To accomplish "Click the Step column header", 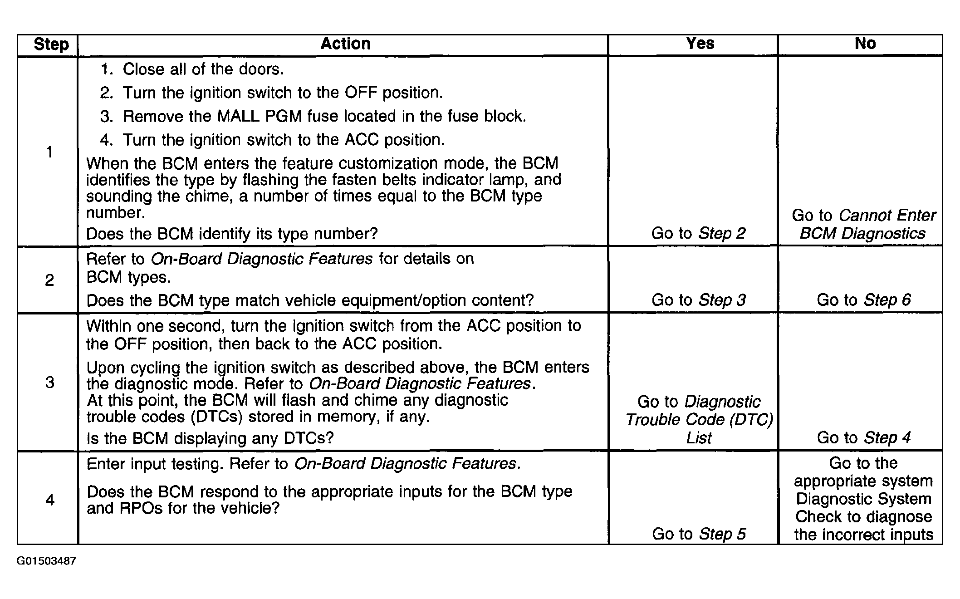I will [x=51, y=44].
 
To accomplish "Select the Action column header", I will [x=345, y=44].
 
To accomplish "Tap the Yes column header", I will [x=700, y=43].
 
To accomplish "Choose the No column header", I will [x=865, y=43].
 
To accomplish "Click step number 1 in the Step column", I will [x=49, y=152].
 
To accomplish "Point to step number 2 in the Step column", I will [x=49, y=280].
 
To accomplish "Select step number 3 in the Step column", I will [x=49, y=382].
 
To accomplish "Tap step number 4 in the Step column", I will [x=50, y=500].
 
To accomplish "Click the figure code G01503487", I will [x=46, y=561].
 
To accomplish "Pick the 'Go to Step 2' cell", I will [x=698, y=233].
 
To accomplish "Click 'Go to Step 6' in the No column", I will [x=863, y=300].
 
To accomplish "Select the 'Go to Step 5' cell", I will [x=699, y=534].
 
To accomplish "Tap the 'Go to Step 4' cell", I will [x=863, y=437].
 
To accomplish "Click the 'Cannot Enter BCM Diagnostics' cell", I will [x=863, y=224].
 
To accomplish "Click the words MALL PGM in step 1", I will [x=260, y=116].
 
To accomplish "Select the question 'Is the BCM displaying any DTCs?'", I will [x=210, y=438].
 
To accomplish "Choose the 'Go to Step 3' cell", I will [x=698, y=300].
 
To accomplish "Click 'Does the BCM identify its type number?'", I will [x=232, y=234].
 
